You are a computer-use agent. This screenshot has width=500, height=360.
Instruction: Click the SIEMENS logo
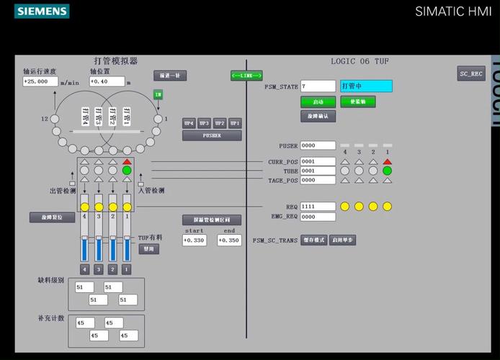pos(42,11)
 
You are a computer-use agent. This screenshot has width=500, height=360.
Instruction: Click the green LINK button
pos(246,75)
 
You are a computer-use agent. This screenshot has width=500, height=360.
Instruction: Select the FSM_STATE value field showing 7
pos(318,86)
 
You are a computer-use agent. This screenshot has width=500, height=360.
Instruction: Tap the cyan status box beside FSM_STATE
pos(366,86)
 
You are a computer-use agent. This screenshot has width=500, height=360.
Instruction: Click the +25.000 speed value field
pos(40,81)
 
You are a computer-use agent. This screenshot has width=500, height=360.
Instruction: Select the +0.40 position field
pos(107,81)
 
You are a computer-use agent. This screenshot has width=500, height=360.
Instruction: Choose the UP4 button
pos(189,123)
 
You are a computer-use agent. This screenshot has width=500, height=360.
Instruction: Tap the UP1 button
pos(235,123)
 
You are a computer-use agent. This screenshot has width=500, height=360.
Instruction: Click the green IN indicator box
pos(158,94)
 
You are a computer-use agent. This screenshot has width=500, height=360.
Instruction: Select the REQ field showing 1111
pos(318,207)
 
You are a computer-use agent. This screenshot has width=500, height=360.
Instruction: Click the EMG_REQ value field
pos(318,217)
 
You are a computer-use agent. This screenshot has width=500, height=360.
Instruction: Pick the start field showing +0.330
pos(194,240)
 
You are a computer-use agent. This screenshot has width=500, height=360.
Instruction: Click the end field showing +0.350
pos(229,240)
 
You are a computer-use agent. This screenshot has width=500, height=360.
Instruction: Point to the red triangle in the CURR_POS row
pos(387,161)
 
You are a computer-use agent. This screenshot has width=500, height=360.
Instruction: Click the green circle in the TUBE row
pos(387,171)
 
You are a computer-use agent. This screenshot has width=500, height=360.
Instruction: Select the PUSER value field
pos(318,145)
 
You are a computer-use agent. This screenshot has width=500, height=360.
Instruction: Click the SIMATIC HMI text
pos(453,11)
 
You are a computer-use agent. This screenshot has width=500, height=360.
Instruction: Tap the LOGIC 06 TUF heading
pos(360,61)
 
